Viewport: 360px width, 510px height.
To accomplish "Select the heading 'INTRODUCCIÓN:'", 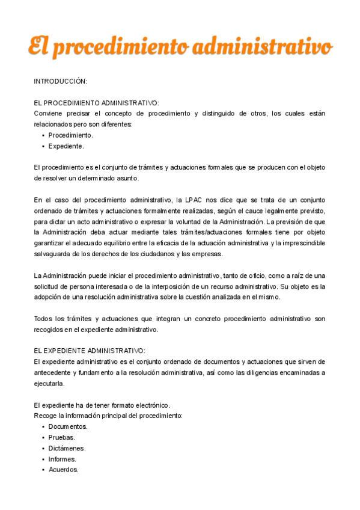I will pos(60,81).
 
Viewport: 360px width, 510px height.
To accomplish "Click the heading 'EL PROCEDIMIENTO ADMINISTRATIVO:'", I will pos(96,103).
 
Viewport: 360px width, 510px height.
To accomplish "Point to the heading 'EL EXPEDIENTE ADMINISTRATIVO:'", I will pos(90,350).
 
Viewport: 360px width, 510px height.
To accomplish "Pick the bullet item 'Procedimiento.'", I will pos(70,135).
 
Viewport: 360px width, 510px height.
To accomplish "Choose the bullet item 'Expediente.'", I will pos(66,146).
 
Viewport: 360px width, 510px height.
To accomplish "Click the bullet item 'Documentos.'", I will pos(68,426).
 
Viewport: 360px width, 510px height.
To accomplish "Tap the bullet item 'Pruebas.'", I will pos(62,437).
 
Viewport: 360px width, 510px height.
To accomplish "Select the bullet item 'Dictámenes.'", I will pos(67,448).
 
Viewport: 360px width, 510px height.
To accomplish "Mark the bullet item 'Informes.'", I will pos(63,459).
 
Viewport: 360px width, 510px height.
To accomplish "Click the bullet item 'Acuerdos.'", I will pos(64,470).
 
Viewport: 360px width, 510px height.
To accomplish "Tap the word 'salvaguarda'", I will pos(53,254).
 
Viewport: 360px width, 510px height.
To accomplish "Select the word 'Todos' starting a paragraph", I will pos(44,318).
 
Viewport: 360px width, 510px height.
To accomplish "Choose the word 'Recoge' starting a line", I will pos(45,416).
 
